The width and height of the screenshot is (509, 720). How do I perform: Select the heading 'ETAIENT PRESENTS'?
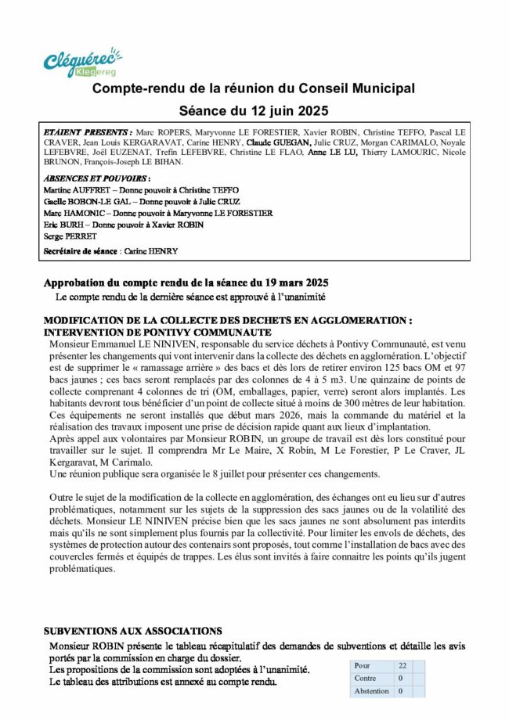[x=88, y=133]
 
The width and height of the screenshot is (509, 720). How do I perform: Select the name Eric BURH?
[x=61, y=225]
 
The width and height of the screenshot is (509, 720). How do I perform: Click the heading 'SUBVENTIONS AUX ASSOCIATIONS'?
[x=132, y=631]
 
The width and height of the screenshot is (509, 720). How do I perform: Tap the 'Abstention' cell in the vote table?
[x=371, y=691]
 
